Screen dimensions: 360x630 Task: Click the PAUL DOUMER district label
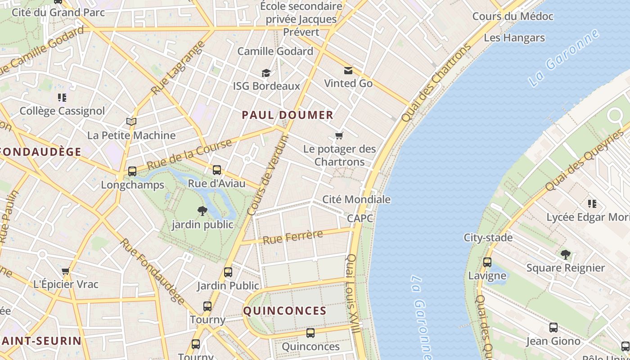point(288,115)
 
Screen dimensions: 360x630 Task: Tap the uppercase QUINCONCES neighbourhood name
point(284,310)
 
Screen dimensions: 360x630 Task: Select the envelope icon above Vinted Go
point(348,70)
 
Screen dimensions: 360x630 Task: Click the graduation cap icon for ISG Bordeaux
point(266,73)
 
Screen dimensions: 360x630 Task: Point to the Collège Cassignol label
point(62,111)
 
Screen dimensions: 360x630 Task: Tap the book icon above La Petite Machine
point(131,121)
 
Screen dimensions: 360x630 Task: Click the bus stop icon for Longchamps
point(132,171)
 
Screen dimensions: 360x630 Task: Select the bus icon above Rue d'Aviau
point(217,170)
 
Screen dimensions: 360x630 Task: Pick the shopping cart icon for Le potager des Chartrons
point(339,135)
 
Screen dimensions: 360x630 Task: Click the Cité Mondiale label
point(356,199)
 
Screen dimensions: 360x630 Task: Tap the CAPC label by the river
point(360,218)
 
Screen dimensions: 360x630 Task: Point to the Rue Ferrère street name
point(293,237)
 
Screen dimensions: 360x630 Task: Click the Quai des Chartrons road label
point(435,83)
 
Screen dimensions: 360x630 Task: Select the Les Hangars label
point(514,38)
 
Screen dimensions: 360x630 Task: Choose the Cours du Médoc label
point(513,17)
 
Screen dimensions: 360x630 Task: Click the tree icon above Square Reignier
point(566,255)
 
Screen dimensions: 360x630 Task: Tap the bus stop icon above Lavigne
point(487,262)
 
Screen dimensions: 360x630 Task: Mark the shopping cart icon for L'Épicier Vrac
point(66,271)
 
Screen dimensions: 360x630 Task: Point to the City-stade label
point(488,237)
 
